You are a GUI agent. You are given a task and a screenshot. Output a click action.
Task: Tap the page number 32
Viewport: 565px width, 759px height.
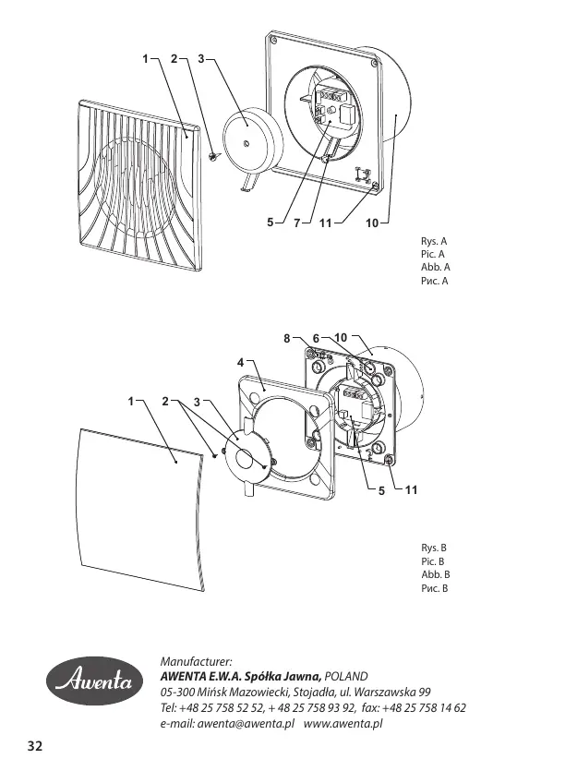point(35,745)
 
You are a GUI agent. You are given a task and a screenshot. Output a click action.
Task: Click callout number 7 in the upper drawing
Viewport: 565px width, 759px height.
point(297,223)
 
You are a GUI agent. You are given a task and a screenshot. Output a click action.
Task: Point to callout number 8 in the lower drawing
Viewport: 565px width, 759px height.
point(288,339)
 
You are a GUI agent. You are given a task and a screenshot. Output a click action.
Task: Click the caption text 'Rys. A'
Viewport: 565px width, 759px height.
point(434,241)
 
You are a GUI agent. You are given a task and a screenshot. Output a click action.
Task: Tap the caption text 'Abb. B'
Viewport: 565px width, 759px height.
point(434,574)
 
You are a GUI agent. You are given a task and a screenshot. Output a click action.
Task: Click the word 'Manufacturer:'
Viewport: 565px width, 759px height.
point(196,662)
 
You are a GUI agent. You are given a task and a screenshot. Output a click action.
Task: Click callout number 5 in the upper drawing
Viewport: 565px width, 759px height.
point(270,223)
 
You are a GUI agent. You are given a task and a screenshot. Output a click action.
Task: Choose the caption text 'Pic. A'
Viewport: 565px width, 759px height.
point(433,254)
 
